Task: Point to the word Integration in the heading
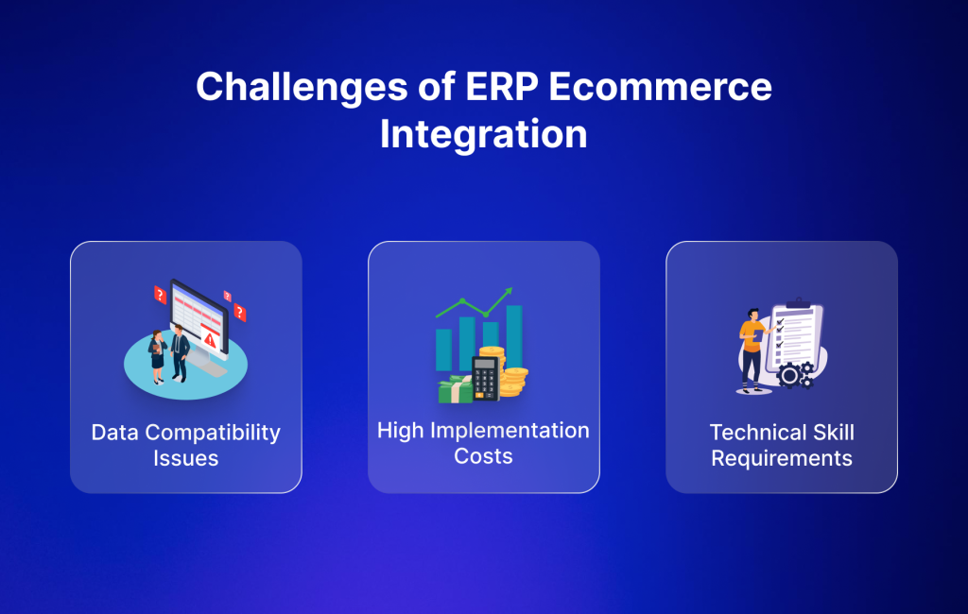tap(483, 133)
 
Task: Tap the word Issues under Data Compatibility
tap(186, 459)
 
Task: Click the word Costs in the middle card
tap(483, 456)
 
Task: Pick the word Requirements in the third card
tap(782, 459)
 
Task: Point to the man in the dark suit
tap(179, 351)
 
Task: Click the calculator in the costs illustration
tap(485, 378)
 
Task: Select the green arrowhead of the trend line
tap(508, 292)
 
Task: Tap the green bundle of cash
tap(455, 389)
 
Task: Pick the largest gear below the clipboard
tap(789, 376)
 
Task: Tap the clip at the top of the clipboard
tap(799, 303)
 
